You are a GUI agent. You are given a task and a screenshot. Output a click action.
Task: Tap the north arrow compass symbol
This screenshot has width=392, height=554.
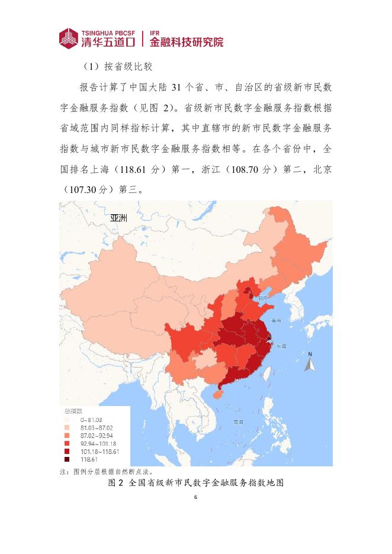point(309,362)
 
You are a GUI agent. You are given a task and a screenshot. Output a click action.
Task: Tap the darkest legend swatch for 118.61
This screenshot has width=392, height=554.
point(67,459)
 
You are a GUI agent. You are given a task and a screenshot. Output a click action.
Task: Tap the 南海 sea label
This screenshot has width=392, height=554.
point(239,422)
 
